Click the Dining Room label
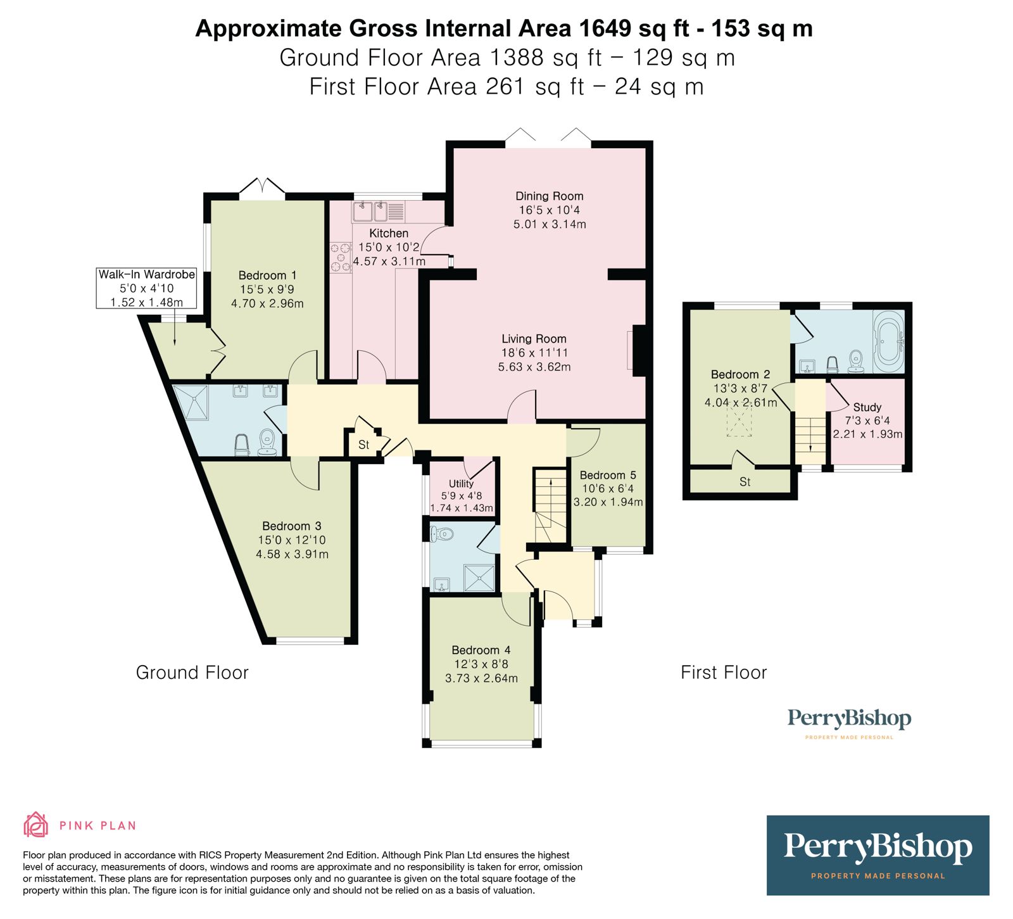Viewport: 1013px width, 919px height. (x=549, y=196)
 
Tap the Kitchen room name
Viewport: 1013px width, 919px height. (x=389, y=233)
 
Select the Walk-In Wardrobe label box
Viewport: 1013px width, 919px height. (x=146, y=288)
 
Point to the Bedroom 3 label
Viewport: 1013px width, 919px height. (x=292, y=526)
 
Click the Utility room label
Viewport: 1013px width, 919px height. (x=461, y=483)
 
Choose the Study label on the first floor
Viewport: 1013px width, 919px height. (x=867, y=407)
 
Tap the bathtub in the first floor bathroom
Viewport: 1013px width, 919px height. (x=889, y=341)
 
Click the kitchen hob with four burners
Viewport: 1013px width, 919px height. (x=340, y=258)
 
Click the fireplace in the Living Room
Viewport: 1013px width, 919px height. (x=638, y=350)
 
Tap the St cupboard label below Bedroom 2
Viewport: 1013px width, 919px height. (x=745, y=482)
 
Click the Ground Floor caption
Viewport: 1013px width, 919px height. (x=192, y=673)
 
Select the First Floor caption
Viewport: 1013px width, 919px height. (x=724, y=673)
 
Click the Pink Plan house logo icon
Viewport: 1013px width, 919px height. (x=35, y=825)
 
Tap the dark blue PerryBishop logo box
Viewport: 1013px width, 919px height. (x=878, y=855)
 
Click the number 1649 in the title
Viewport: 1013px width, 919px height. (x=604, y=29)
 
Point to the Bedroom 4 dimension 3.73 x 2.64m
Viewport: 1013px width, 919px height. (x=481, y=678)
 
